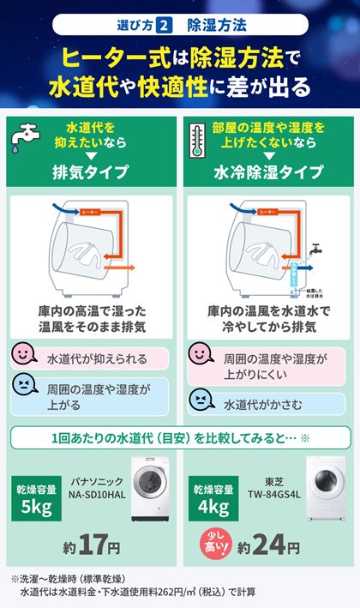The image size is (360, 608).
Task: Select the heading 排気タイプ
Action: tap(91, 172)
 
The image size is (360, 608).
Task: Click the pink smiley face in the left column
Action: tap(25, 355)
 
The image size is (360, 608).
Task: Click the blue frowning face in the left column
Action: tap(25, 387)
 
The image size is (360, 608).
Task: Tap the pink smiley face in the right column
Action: tap(201, 355)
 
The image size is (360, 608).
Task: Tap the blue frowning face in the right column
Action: tap(201, 400)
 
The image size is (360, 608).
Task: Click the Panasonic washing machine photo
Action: tap(151, 496)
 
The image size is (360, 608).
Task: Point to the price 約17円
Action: tap(92, 545)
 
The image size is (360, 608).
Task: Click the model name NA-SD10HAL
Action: tap(97, 496)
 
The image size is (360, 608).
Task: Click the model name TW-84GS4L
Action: tap(272, 496)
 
